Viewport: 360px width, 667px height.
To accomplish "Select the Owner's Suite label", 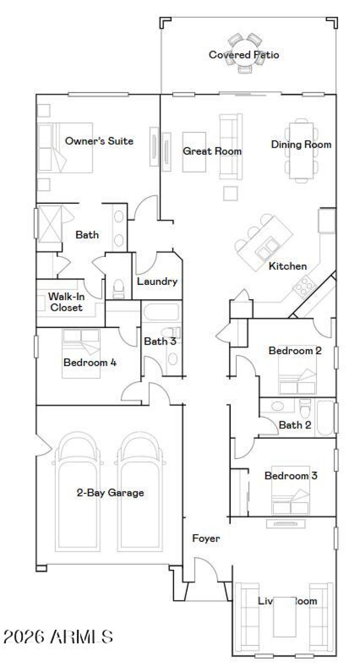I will pyautogui.click(x=99, y=141).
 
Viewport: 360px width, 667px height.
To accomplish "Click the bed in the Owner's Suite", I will pyautogui.click(x=65, y=148).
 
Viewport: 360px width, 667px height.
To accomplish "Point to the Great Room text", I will pyautogui.click(x=212, y=151).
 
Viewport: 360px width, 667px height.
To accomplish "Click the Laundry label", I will pyautogui.click(x=157, y=282).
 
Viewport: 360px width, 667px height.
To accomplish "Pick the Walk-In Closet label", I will pyautogui.click(x=66, y=302).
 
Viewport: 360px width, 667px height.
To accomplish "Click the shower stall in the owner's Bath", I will pyautogui.click(x=49, y=223).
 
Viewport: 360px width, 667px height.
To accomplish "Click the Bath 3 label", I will pyautogui.click(x=160, y=342).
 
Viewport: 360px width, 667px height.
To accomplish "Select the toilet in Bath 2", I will pyautogui.click(x=306, y=408).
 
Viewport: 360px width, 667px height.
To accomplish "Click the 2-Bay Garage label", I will pyautogui.click(x=110, y=493).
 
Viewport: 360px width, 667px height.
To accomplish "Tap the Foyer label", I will pyautogui.click(x=206, y=538).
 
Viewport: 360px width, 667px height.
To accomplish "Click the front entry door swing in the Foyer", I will pyautogui.click(x=205, y=569).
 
